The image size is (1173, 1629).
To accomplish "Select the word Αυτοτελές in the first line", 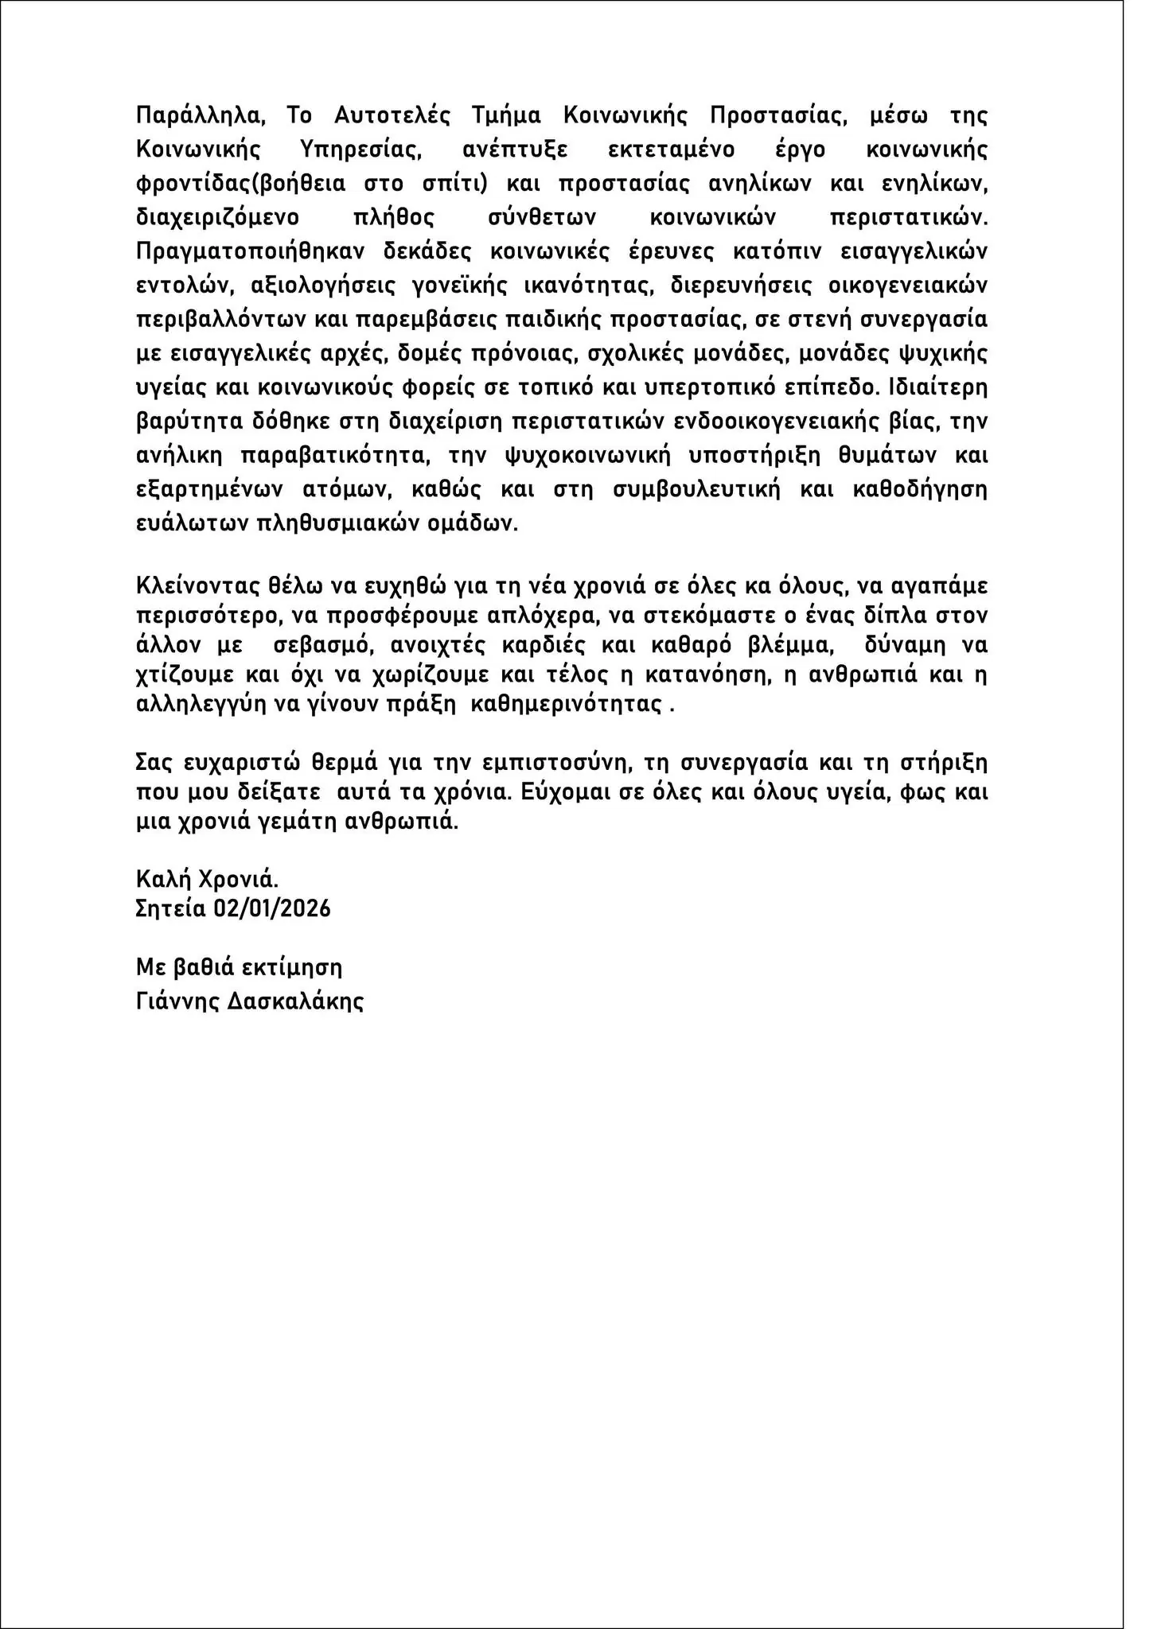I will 392,115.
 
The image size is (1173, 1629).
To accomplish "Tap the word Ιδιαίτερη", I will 931,387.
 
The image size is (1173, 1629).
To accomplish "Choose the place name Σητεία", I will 171,908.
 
